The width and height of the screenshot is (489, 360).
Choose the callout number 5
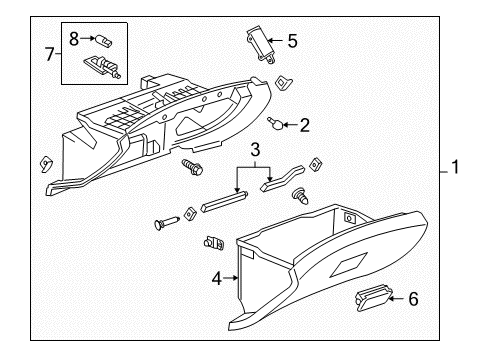point(292,41)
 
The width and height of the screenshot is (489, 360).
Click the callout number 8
point(74,37)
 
